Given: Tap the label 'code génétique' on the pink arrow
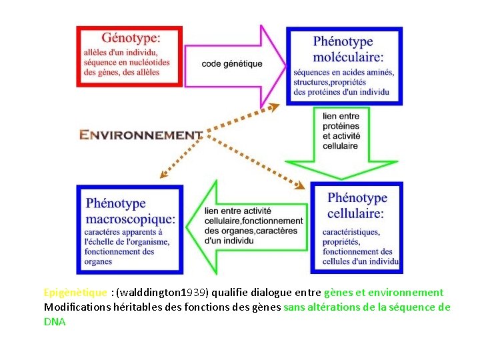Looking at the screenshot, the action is tap(232, 64).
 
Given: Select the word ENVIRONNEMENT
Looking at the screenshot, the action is tap(140, 135).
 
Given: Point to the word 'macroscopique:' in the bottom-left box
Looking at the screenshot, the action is tap(131, 218).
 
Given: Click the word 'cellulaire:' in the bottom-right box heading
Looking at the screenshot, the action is tap(355, 214).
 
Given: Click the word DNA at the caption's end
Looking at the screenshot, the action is tap(55, 321).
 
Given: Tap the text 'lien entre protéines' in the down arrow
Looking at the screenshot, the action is tap(340, 121).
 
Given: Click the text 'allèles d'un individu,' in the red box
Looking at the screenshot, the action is tap(121, 53).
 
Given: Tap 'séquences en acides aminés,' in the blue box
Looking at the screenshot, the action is tap(343, 72).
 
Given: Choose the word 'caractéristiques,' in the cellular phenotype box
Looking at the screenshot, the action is tap(351, 231).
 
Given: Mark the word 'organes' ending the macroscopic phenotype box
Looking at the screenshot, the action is tap(98, 262).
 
